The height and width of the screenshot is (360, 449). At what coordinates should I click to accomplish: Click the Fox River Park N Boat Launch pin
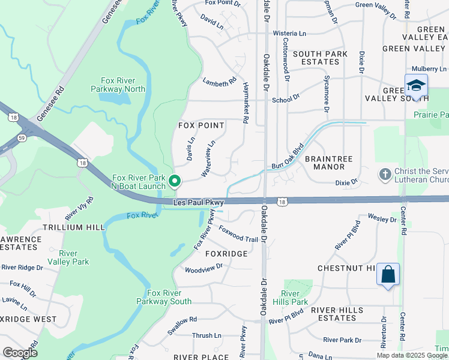pyautogui.click(x=175, y=180)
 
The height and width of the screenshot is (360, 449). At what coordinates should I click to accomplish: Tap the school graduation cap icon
pyautogui.click(x=416, y=85)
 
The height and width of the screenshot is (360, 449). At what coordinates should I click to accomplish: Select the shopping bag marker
pyautogui.click(x=388, y=275)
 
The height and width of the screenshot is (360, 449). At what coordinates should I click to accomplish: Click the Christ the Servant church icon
pyautogui.click(x=385, y=174)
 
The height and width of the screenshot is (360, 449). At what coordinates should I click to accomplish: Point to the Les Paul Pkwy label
pyautogui.click(x=198, y=203)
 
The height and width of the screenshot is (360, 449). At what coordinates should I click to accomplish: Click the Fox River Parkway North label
pyautogui.click(x=122, y=85)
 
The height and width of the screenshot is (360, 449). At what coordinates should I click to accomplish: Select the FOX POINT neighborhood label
pyautogui.click(x=201, y=125)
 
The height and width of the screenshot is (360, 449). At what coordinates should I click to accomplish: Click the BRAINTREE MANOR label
pyautogui.click(x=328, y=163)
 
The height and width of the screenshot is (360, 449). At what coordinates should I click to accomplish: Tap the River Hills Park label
pyautogui.click(x=294, y=298)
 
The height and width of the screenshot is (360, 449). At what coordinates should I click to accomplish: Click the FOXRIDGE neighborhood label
pyautogui.click(x=226, y=254)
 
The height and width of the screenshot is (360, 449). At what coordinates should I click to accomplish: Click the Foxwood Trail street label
pyautogui.click(x=238, y=235)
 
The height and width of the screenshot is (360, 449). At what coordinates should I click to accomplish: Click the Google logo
pyautogui.click(x=20, y=353)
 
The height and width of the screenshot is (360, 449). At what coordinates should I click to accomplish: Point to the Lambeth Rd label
pyautogui.click(x=220, y=83)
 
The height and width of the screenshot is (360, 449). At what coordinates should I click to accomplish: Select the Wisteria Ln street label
pyautogui.click(x=289, y=34)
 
